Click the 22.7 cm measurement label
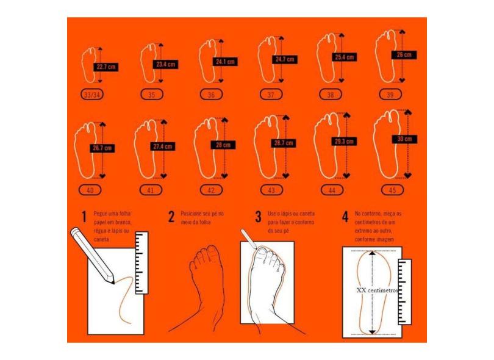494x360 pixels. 106,67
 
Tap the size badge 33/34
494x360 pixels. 92,95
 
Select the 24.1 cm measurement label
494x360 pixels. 225,62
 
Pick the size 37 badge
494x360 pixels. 271,95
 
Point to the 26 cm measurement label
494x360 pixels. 404,55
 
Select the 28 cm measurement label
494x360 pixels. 223,145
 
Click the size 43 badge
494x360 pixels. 271,190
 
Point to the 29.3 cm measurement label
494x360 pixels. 343,141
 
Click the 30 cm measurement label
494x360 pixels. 404,139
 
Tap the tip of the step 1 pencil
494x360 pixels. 114,282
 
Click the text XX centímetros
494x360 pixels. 377,290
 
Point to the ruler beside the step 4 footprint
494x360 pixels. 404,287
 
